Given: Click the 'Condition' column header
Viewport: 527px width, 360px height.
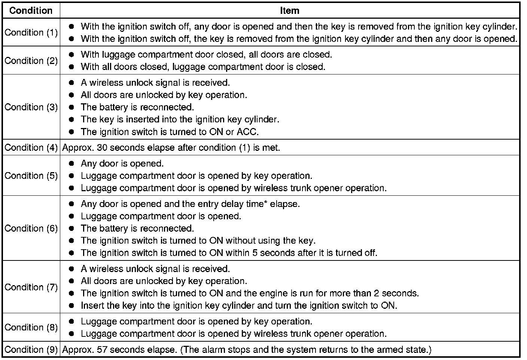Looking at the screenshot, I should (31, 10).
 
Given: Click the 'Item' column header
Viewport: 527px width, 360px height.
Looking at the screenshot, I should (289, 10).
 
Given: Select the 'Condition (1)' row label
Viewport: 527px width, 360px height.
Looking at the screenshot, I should (31, 33).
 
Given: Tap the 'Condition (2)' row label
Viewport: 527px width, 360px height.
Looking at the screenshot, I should (31, 61).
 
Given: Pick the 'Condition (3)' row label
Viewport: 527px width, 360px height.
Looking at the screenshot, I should (31, 107).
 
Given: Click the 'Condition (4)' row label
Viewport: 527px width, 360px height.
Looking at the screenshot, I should (31, 148).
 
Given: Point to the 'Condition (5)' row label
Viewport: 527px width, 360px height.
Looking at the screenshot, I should (31, 176).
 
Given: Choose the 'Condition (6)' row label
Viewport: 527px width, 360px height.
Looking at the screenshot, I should (31, 228).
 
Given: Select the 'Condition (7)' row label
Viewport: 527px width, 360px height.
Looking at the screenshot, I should (31, 287).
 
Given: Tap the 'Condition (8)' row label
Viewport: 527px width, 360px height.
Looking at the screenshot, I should (31, 327).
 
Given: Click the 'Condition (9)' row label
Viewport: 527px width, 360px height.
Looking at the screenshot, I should (31, 350).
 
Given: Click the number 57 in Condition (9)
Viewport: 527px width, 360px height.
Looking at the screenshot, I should (102, 350).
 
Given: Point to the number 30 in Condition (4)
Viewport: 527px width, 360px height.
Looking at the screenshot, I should (102, 148).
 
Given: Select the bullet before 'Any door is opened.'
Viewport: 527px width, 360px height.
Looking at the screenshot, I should (72, 164).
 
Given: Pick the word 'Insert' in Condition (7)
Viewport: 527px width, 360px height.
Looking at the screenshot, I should (92, 305).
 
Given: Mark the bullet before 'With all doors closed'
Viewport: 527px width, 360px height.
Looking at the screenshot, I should (72, 67).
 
